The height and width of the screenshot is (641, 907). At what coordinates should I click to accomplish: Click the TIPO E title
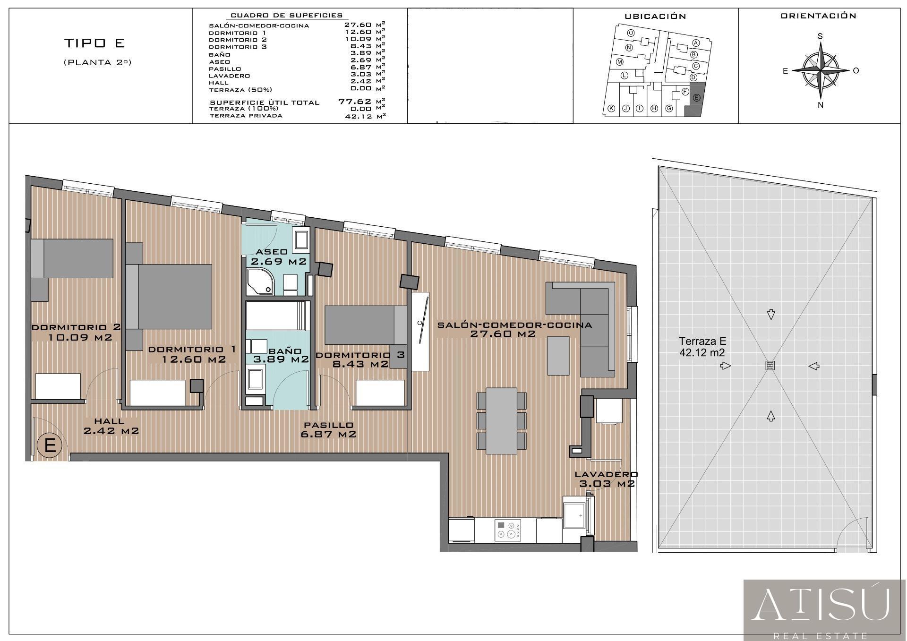coord(94,43)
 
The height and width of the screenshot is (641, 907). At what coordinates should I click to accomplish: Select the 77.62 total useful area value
coord(355,101)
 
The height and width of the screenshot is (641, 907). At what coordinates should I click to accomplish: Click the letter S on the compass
coord(820,36)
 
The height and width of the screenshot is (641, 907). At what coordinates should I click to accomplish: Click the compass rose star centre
coord(820,70)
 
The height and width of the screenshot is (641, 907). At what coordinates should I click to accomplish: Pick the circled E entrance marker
coord(50,445)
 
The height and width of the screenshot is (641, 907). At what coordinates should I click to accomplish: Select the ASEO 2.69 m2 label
coord(279,257)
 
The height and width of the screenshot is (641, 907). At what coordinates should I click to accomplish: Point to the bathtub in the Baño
coord(277,316)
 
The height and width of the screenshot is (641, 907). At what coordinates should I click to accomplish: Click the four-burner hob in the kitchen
coord(508,530)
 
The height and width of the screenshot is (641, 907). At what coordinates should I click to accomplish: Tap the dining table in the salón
coord(501,421)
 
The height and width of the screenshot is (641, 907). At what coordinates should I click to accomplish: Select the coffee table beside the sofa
coord(558,356)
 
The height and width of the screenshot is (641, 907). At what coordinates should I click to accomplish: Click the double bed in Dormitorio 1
coord(169,296)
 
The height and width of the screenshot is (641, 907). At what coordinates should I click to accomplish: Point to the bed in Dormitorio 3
coord(366,325)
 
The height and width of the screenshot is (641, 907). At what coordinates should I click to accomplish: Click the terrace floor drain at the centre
coord(770,365)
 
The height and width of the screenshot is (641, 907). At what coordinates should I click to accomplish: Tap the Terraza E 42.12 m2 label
coord(702,347)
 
